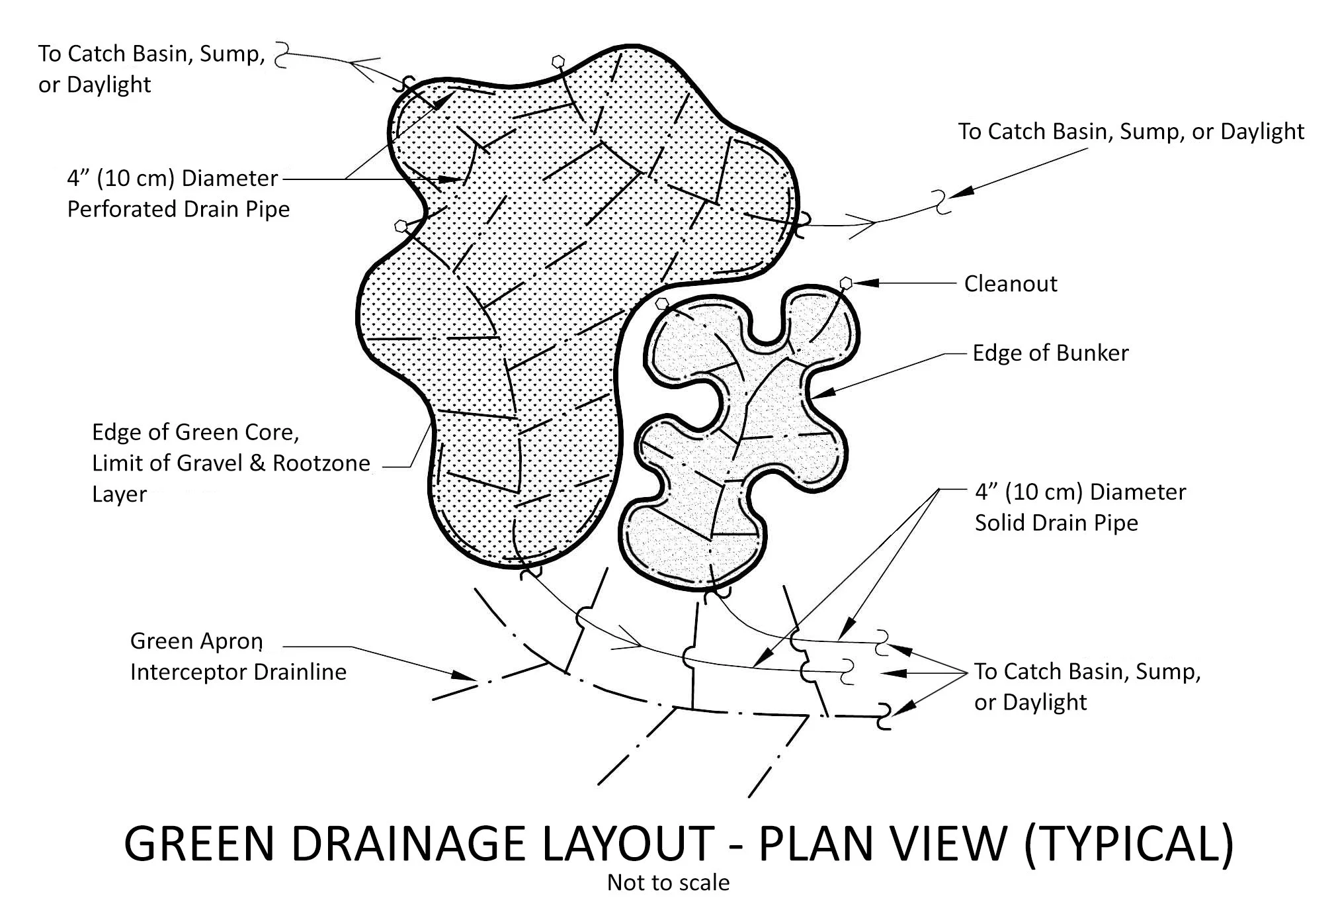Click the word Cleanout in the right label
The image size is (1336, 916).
pyautogui.click(x=1010, y=284)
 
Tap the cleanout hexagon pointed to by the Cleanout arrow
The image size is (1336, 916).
pyautogui.click(x=845, y=283)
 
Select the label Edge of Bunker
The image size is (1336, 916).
pyautogui.click(x=1050, y=353)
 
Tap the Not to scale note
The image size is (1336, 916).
pyautogui.click(x=668, y=883)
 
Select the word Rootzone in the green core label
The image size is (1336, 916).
pyautogui.click(x=321, y=463)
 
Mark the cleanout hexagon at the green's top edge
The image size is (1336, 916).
pyautogui.click(x=559, y=61)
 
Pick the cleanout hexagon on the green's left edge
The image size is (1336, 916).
pyautogui.click(x=399, y=226)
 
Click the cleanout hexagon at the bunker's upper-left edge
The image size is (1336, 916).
pyautogui.click(x=662, y=304)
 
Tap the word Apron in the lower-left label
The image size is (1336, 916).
pyautogui.click(x=232, y=641)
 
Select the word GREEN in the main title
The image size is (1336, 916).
pyautogui.click(x=198, y=843)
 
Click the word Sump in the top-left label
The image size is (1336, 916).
pyautogui.click(x=231, y=54)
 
